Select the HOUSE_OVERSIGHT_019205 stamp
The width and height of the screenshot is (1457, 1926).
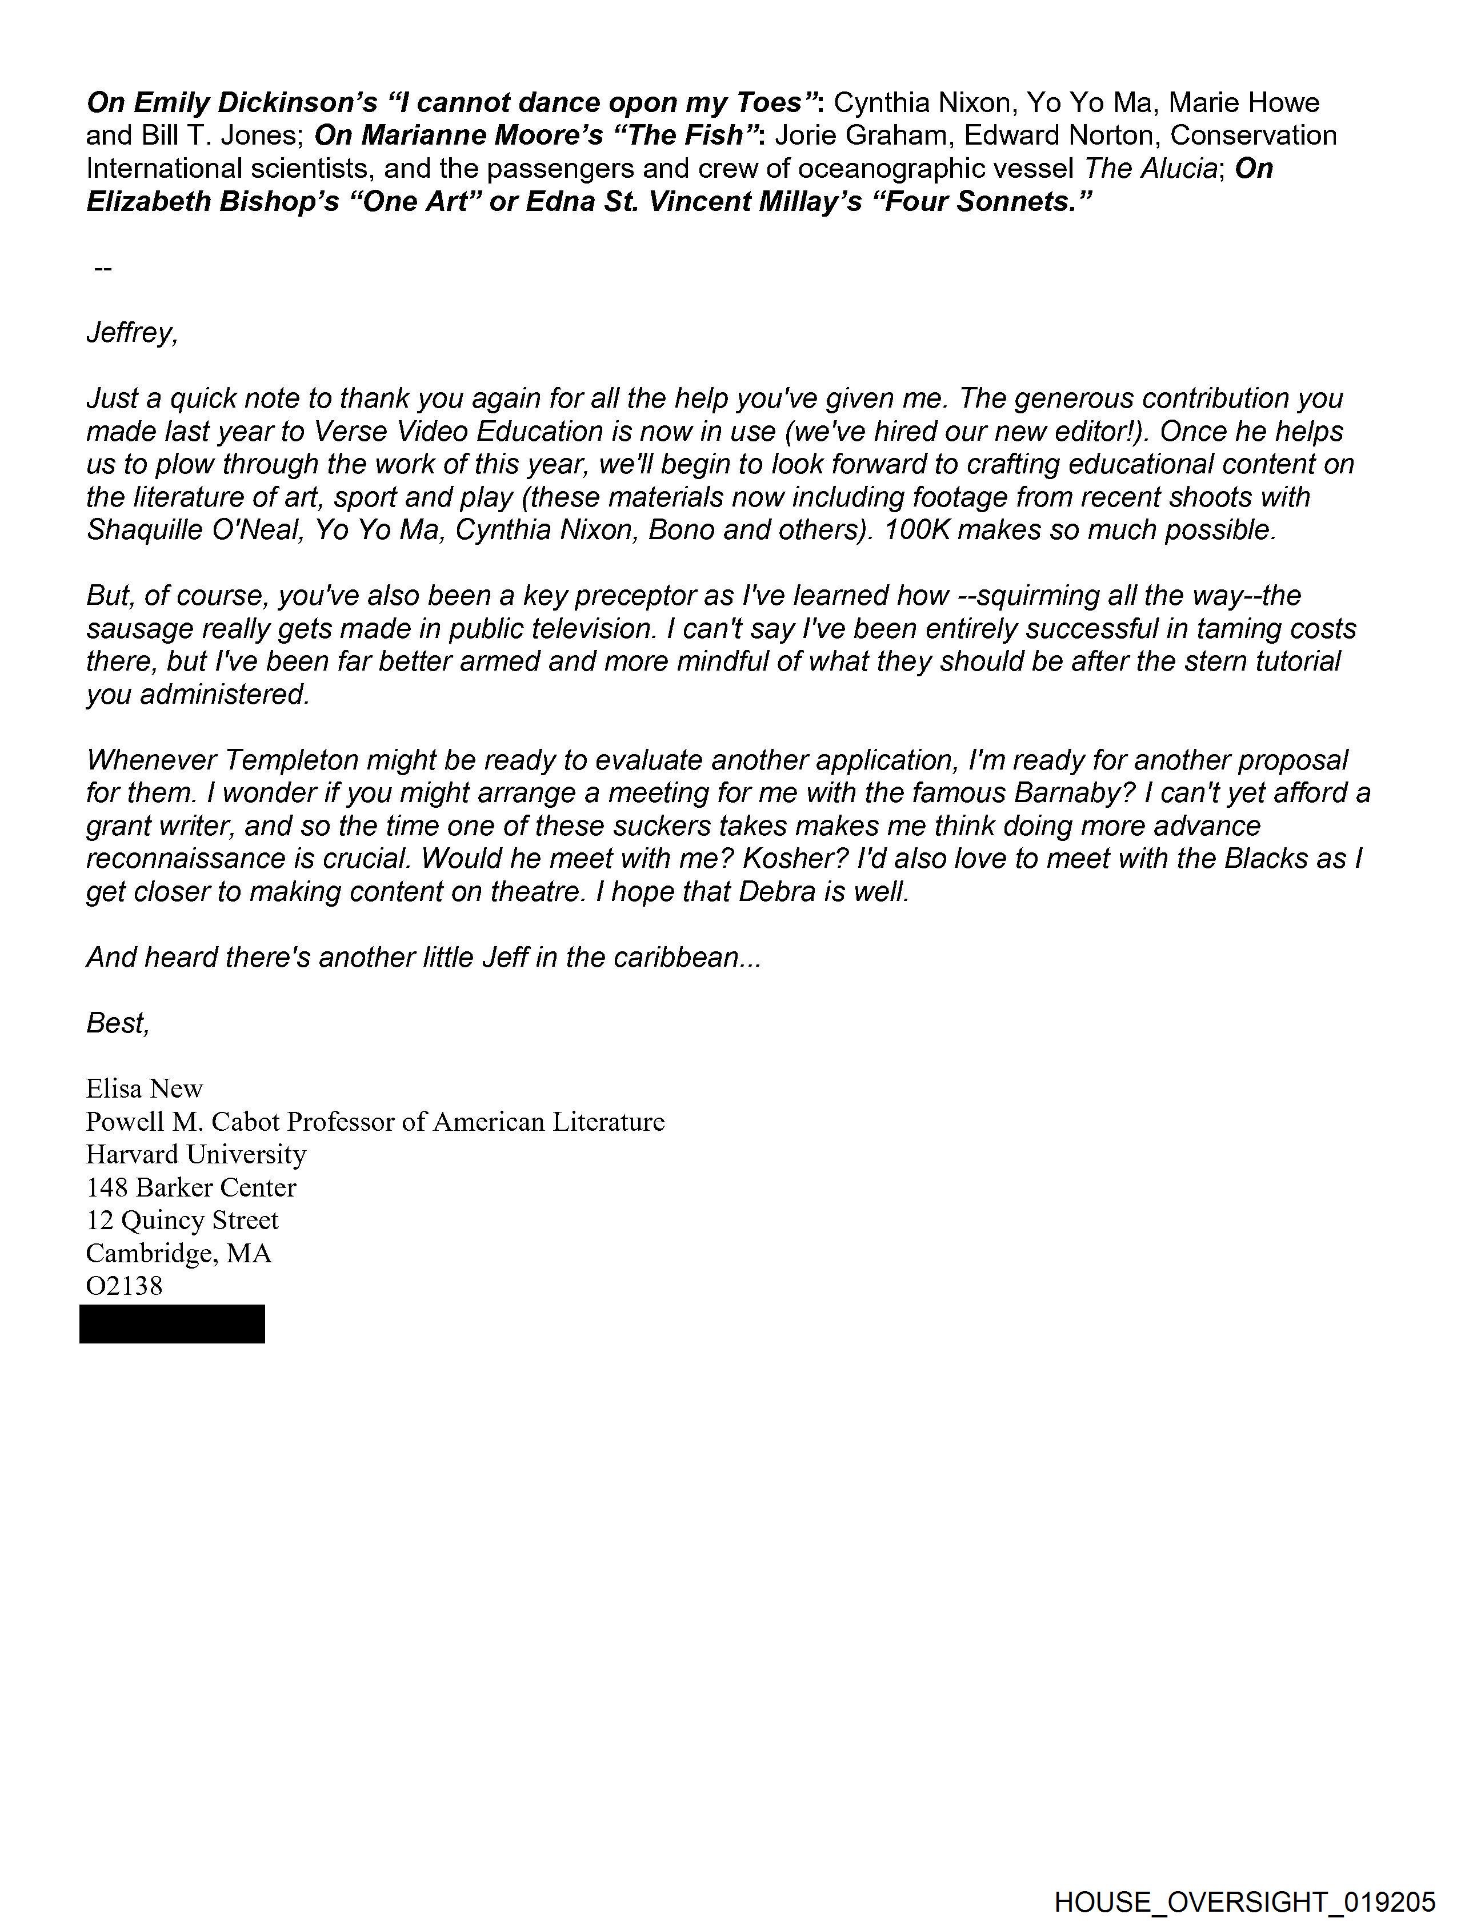pyautogui.click(x=1244, y=1901)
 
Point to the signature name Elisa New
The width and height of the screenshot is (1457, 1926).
pyautogui.click(x=145, y=1088)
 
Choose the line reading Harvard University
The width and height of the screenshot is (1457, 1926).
pyautogui.click(x=196, y=1155)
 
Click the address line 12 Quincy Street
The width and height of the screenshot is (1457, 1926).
pyautogui.click(x=182, y=1221)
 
